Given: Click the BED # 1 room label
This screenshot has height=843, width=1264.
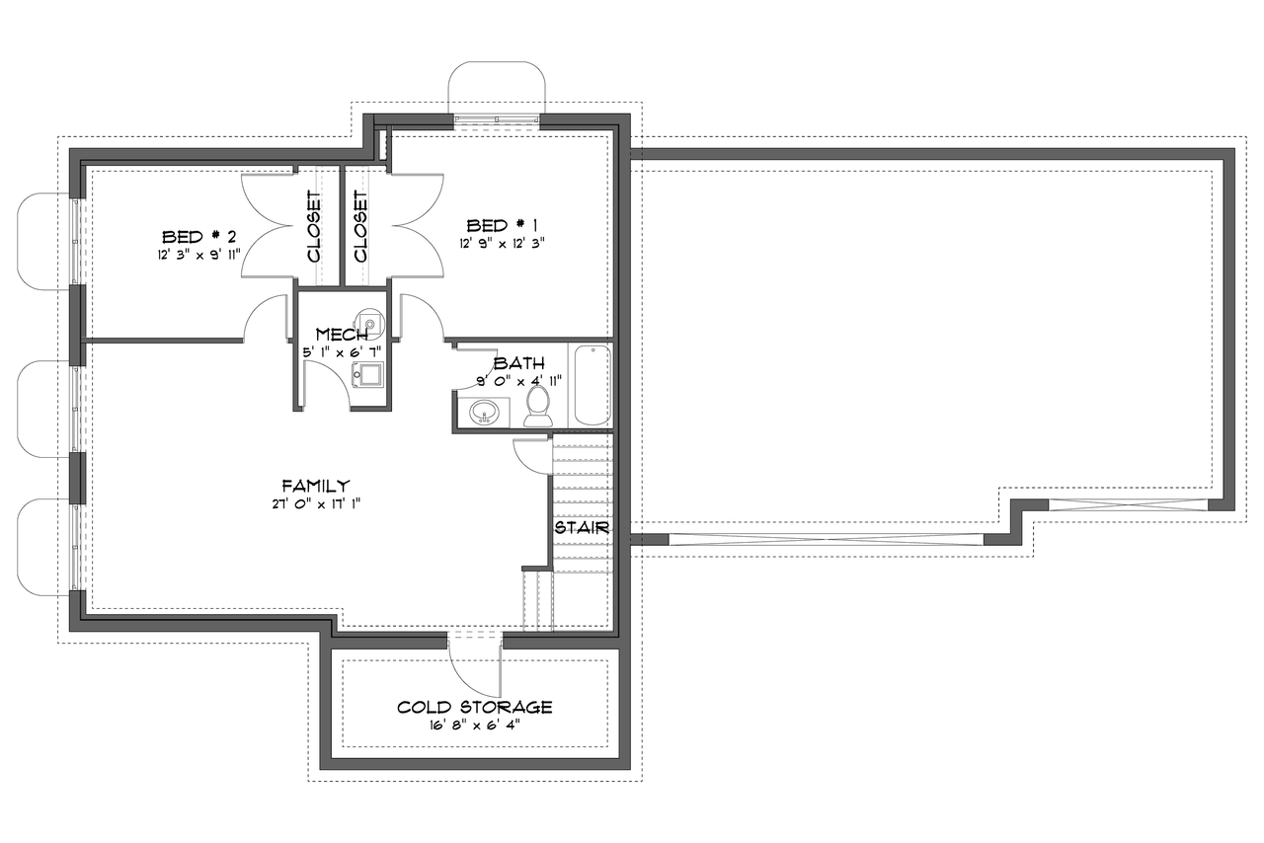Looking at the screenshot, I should [x=502, y=225].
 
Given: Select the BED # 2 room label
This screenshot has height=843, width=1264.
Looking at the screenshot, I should [x=198, y=237].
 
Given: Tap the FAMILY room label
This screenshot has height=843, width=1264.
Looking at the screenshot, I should [x=315, y=485].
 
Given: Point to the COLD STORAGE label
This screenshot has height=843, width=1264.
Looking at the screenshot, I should [x=474, y=707].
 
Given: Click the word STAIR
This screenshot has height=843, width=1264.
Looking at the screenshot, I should [x=581, y=527].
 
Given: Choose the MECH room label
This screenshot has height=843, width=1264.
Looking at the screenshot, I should [x=342, y=335].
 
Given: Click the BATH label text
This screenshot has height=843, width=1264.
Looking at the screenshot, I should [x=518, y=363].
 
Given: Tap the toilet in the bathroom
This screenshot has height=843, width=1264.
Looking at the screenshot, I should [x=538, y=405].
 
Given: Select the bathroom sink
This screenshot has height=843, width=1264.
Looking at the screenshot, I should [x=485, y=412].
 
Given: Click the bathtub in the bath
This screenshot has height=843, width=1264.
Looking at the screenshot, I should [x=591, y=385].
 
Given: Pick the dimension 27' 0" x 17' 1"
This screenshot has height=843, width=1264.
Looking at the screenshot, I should [x=315, y=503].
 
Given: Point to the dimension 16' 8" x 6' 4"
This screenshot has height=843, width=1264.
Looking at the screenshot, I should [x=474, y=725].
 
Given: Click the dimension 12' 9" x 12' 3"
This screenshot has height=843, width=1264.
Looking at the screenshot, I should [x=502, y=243].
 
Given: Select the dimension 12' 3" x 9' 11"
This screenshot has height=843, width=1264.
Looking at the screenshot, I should [x=198, y=255].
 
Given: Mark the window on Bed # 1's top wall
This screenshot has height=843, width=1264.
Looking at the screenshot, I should [x=497, y=120].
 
